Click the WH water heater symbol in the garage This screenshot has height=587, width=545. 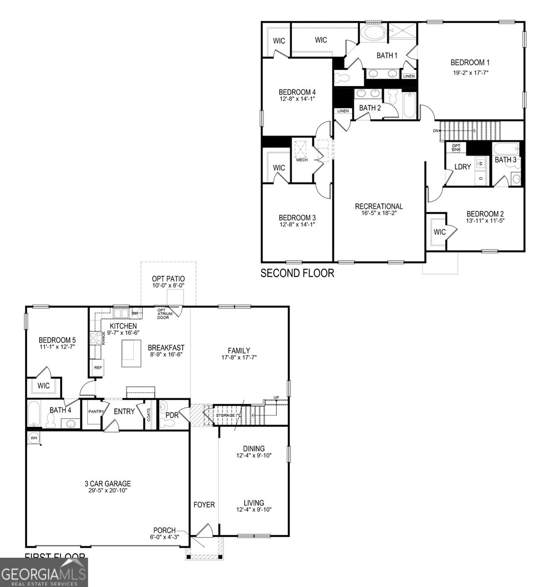coord(34,437)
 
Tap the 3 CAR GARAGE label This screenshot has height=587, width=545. coord(107,484)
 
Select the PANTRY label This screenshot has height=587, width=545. coord(96,412)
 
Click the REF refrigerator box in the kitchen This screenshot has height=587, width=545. coord(98,367)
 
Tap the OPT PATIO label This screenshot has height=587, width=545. coord(168,279)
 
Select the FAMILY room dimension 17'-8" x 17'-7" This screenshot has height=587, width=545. coord(239,357)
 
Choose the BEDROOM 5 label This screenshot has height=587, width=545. coord(57,340)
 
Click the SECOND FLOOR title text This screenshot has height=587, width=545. coord(297,273)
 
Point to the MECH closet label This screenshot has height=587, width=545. coord(302,160)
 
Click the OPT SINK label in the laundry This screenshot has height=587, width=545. coord(456,147)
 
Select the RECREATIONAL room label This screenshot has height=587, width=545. coord(379,206)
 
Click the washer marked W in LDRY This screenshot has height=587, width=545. coord(480,163)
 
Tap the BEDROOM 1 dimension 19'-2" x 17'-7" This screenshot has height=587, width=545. coord(470,72)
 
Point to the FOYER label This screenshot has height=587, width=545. coord(204,504)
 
